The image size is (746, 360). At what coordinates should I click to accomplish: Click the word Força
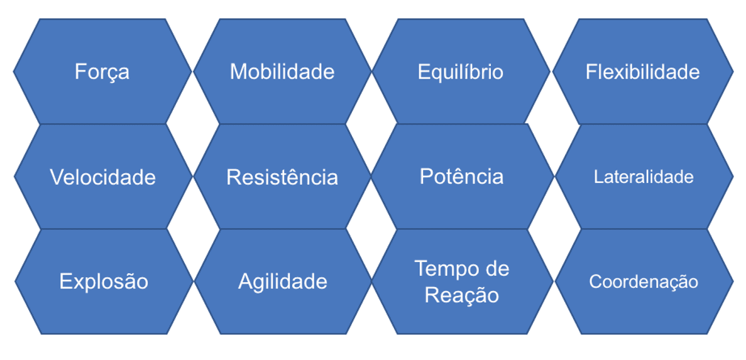pyautogui.click(x=102, y=72)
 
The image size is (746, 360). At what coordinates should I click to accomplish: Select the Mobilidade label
pyautogui.click(x=282, y=72)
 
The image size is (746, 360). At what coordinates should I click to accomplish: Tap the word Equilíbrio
pyautogui.click(x=461, y=72)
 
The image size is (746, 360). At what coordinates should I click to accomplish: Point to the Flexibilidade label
pyautogui.click(x=642, y=72)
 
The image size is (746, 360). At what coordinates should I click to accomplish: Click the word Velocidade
pyautogui.click(x=103, y=177)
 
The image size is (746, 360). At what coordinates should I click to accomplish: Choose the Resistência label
pyautogui.click(x=282, y=177)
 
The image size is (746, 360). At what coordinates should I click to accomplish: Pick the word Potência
pyautogui.click(x=461, y=177)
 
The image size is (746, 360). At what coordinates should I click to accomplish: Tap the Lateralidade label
pyautogui.click(x=644, y=177)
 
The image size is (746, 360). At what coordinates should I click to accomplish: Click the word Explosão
pyautogui.click(x=104, y=281)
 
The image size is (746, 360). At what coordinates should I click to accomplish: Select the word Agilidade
pyautogui.click(x=283, y=281)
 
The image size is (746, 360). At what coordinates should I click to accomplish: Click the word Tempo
pyautogui.click(x=447, y=269)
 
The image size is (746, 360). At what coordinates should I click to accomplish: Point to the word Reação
pyautogui.click(x=461, y=295)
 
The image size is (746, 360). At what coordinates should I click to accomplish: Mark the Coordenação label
pyautogui.click(x=644, y=281)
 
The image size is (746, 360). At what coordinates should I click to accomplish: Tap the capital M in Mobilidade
pyautogui.click(x=238, y=72)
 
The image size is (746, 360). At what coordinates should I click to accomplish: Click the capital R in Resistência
pyautogui.click(x=234, y=177)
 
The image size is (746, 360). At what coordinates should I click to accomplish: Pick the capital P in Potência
pyautogui.click(x=427, y=177)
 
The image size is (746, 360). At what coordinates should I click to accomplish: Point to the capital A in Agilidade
pyautogui.click(x=246, y=281)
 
